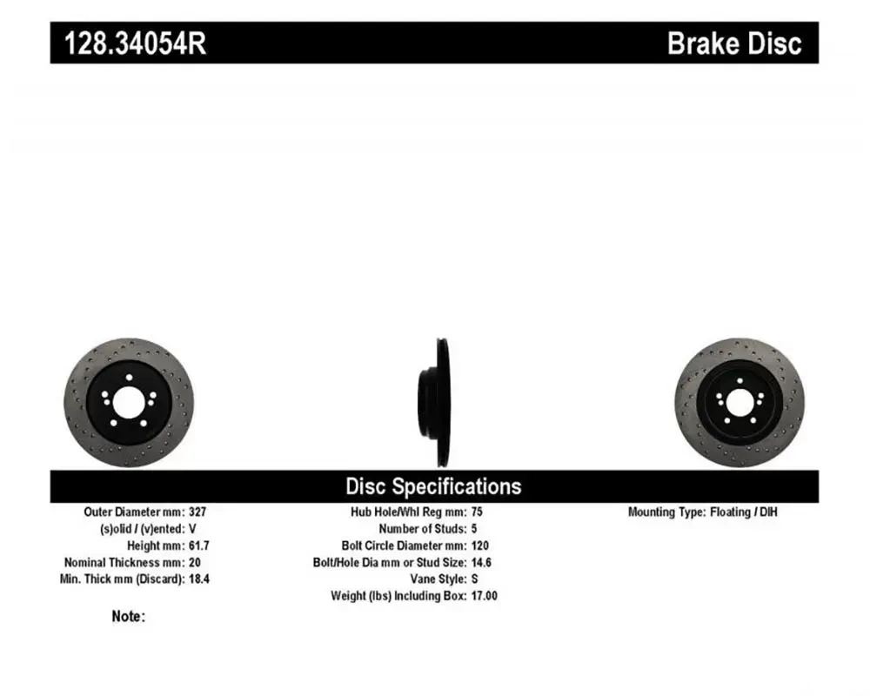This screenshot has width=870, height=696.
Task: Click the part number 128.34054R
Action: [135, 43]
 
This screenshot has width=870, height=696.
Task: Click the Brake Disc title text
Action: [734, 43]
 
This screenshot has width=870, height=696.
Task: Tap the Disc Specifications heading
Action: [433, 486]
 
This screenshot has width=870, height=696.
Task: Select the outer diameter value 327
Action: [197, 512]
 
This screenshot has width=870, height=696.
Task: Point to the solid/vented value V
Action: [192, 528]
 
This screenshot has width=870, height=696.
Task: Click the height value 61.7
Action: [198, 545]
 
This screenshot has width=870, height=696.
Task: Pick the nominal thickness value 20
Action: [195, 562]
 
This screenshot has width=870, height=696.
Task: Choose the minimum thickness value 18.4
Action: [198, 579]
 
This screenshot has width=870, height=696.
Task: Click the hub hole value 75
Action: [477, 512]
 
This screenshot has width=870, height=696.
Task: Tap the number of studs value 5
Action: [474, 528]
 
